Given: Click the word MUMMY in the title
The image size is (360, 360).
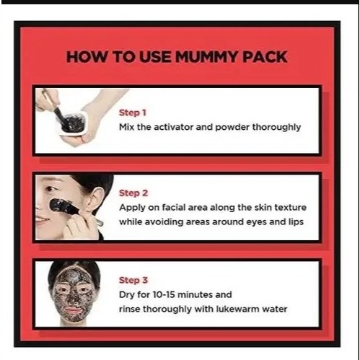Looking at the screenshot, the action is point(206,57).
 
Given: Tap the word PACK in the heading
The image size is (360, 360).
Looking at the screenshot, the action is point(265,57).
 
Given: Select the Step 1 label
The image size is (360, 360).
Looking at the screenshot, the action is point(133,113).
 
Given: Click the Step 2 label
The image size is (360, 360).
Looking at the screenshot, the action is point(133,193).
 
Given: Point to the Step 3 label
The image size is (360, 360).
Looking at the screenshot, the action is point(133,280).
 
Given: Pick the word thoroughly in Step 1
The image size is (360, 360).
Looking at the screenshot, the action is point(276,128).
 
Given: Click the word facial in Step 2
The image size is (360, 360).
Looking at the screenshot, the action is point(173,207).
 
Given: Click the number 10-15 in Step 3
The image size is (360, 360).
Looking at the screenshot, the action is point(164,294).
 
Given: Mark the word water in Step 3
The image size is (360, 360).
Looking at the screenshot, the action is point(275,309).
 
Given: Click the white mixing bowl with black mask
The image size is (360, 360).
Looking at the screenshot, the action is point(73,124).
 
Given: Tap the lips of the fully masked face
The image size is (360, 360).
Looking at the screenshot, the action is point(72,309).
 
